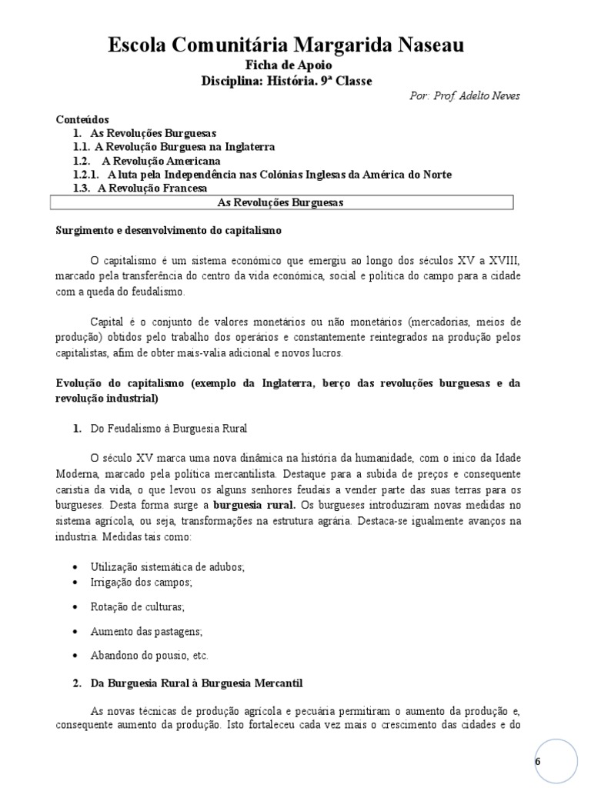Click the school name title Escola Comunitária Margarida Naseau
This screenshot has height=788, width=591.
[x=286, y=46]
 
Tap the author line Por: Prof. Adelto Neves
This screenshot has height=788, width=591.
[x=465, y=96]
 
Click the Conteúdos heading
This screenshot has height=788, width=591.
[x=82, y=119]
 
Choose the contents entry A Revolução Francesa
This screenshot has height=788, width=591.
[x=152, y=189]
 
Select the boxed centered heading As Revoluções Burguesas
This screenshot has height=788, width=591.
[x=281, y=202]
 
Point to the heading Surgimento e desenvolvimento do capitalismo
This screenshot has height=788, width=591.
[x=169, y=230]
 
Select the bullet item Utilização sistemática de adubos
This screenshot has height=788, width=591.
[x=167, y=566]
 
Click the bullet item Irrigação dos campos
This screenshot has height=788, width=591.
[x=140, y=583]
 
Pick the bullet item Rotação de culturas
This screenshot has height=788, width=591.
[x=137, y=606]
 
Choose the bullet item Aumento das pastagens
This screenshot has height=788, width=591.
[x=145, y=631]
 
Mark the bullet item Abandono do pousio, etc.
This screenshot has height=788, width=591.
[x=149, y=656]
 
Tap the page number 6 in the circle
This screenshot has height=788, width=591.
[x=537, y=760]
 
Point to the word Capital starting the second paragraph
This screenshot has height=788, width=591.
[x=107, y=320]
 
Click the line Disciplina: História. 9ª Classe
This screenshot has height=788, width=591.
[x=286, y=81]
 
